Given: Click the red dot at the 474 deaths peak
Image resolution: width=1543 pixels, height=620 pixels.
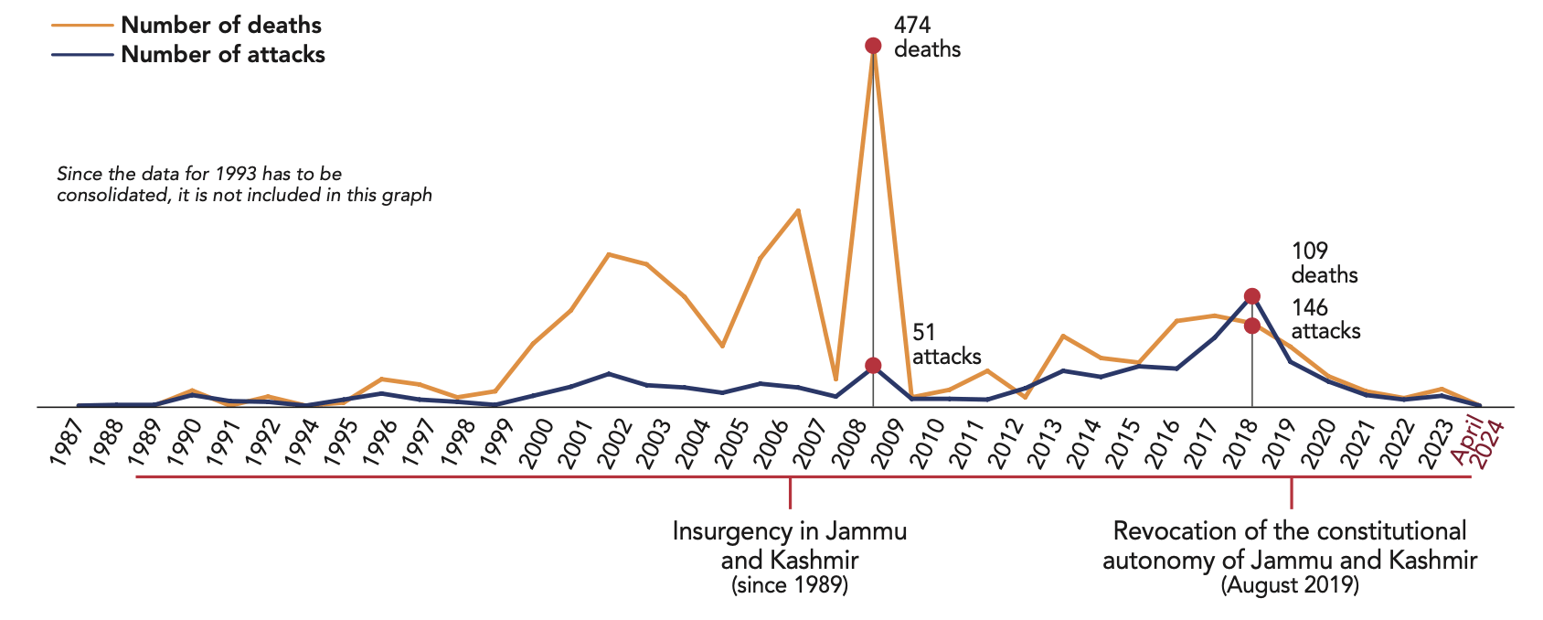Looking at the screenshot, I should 873,46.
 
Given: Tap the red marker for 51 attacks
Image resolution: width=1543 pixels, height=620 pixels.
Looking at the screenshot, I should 873,365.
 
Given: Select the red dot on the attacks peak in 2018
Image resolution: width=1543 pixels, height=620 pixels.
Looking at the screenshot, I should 1252,296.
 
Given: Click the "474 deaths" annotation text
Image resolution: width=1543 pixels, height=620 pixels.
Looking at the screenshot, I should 927,37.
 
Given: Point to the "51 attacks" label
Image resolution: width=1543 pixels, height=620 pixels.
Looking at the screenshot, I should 946,345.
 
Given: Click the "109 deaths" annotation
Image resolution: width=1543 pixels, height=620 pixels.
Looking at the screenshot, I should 1324,262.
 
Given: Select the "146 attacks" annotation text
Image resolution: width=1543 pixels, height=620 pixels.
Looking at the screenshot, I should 1325,319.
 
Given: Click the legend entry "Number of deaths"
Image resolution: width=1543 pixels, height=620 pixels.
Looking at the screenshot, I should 221,25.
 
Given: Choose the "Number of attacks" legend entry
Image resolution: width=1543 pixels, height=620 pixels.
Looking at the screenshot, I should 223,54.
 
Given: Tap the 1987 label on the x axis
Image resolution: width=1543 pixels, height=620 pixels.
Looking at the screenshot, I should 66,444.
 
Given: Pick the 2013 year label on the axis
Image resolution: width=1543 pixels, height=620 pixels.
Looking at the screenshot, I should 1053,444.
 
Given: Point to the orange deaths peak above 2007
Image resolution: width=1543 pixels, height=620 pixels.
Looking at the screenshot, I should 799,210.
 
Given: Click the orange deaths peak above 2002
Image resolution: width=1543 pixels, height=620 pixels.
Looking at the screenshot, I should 609,254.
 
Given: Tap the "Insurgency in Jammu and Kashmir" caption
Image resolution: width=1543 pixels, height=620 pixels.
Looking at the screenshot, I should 790,545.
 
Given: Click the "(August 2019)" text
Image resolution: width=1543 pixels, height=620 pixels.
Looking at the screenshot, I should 1290,585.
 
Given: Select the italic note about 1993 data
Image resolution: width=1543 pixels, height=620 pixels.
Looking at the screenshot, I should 244,184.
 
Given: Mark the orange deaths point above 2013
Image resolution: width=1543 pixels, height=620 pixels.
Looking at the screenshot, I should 1063,336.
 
